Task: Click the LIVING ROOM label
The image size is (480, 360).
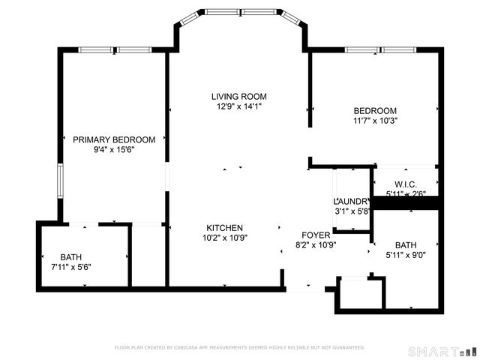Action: [x=239, y=96]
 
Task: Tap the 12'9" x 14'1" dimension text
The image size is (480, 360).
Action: [x=239, y=106]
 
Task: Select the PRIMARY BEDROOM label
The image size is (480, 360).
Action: [x=114, y=139]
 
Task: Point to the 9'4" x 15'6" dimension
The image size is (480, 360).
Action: [x=114, y=149]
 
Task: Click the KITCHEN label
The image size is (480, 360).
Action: [x=225, y=227]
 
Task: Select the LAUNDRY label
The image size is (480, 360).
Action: [x=352, y=201]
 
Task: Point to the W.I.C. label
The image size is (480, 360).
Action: [x=406, y=184]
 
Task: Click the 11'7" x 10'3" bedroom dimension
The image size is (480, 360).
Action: [x=375, y=120]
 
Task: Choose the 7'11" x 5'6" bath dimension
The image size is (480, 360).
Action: [x=71, y=265]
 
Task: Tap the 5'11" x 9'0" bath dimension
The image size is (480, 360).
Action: [x=406, y=255]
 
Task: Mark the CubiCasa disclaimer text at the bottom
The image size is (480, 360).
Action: [x=239, y=347]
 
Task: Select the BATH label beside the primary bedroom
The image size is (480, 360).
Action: [x=71, y=256]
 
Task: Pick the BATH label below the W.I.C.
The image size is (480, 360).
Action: [x=406, y=245]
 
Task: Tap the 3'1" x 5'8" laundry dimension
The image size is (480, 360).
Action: [x=352, y=211]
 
